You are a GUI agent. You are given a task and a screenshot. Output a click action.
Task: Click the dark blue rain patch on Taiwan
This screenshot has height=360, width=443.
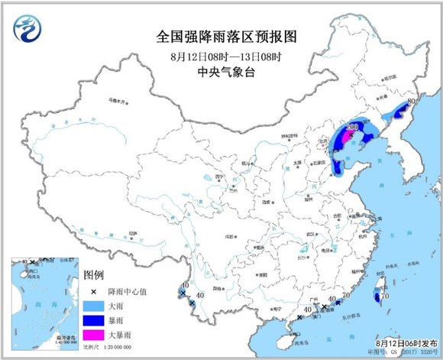[376, 295]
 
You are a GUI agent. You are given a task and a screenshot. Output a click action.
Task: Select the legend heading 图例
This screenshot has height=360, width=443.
[93, 274]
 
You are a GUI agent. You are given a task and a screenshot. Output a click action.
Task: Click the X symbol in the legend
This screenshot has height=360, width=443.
[93, 291]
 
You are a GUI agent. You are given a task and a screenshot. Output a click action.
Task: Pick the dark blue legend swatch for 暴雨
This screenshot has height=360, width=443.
[94, 320]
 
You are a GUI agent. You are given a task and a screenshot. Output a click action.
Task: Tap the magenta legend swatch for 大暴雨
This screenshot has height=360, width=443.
[94, 335]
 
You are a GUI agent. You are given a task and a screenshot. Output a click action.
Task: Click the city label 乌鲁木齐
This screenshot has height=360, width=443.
[116, 99]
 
